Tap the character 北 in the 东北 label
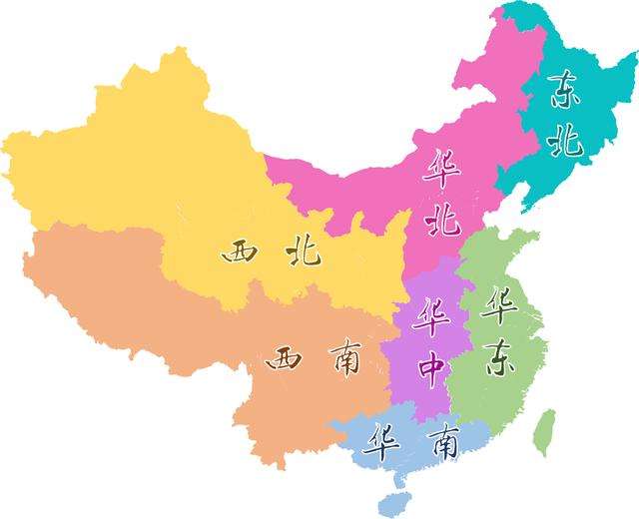coord(566,142)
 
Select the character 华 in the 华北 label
coord(440,168)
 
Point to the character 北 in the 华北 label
coord(440,218)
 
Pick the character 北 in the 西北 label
coord(302,251)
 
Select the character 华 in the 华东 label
coord(498,305)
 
